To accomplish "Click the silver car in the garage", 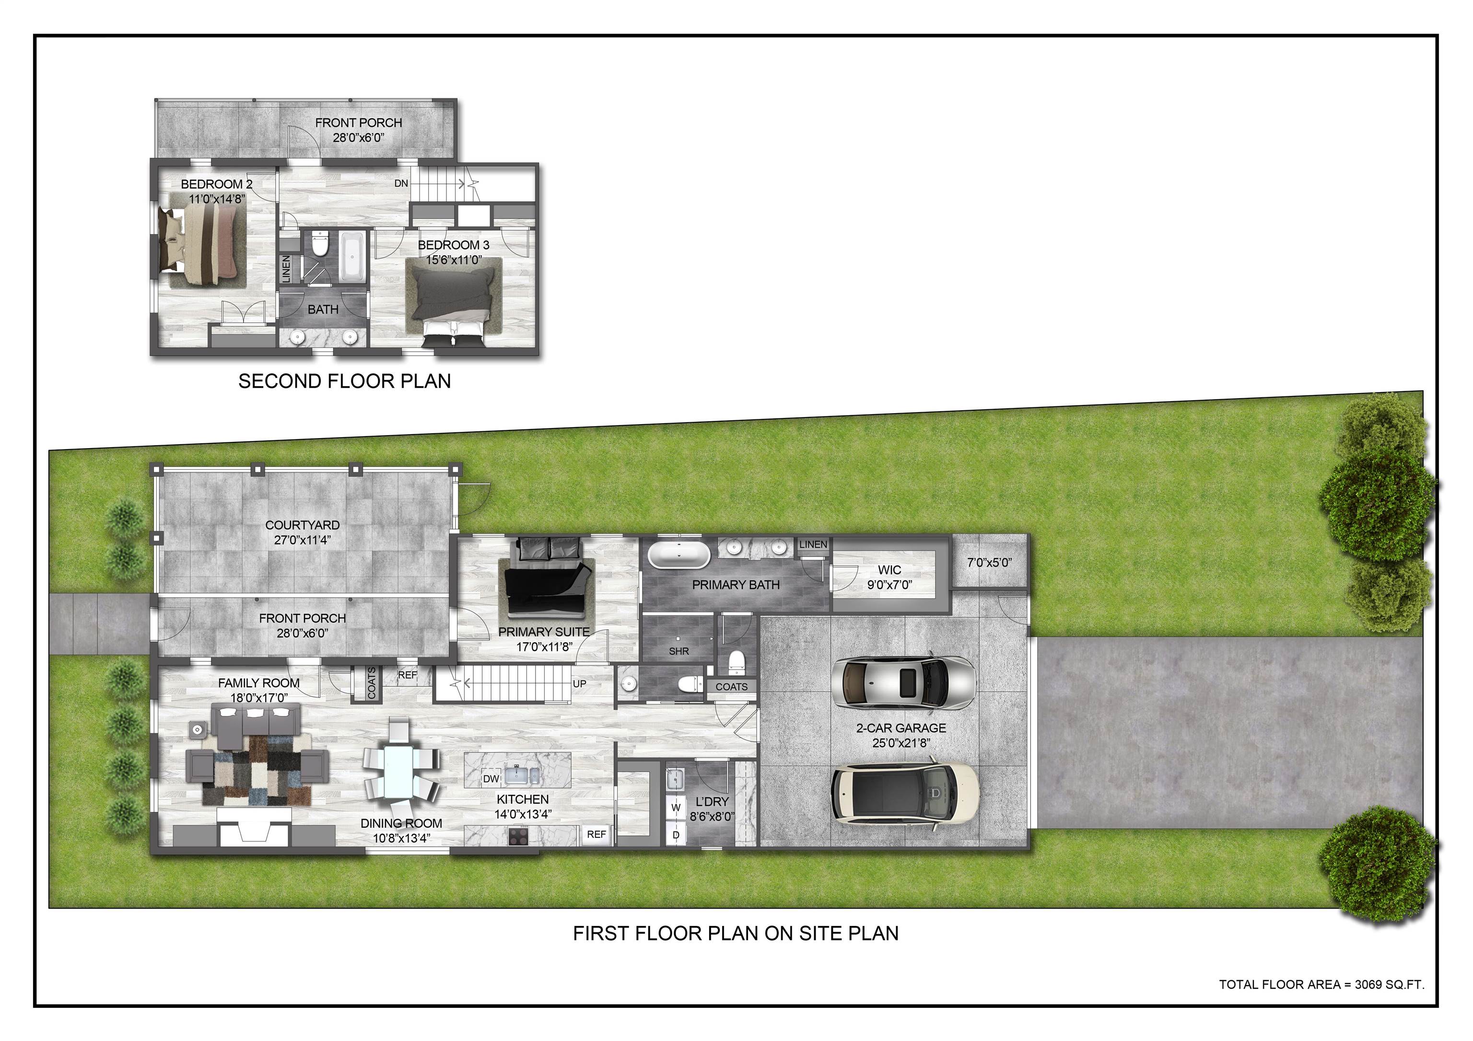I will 903,682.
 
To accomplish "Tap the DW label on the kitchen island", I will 491,779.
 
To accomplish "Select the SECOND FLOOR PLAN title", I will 344,381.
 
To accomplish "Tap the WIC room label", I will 889,569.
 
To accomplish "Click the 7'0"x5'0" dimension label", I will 989,563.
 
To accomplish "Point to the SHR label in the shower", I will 679,651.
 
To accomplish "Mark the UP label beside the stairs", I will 579,684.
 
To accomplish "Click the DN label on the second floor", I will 401,184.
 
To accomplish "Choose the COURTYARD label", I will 302,525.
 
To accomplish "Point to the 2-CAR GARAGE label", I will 901,728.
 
